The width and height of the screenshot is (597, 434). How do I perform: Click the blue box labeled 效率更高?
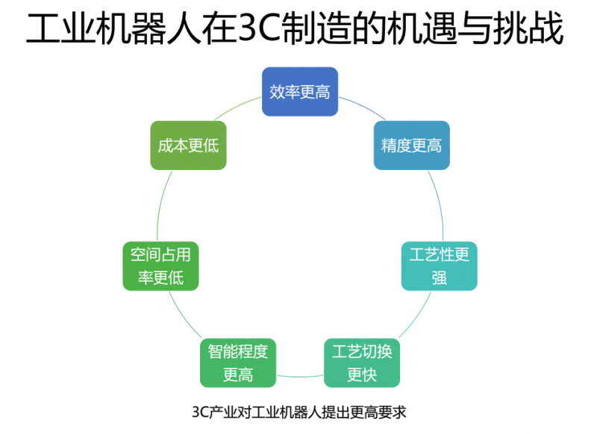coord(300,92)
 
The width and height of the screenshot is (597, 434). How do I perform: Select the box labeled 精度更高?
coord(411,145)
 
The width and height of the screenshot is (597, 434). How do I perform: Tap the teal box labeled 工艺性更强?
coord(439,266)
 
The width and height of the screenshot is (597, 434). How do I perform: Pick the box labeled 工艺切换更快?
coord(361,362)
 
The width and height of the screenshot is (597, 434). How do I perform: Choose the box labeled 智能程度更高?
coord(238,362)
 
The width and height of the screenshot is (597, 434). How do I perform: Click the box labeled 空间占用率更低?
coord(160,266)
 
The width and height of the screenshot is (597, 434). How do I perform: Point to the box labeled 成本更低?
coord(188,145)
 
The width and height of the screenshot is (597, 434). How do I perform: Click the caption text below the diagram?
coord(298,412)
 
